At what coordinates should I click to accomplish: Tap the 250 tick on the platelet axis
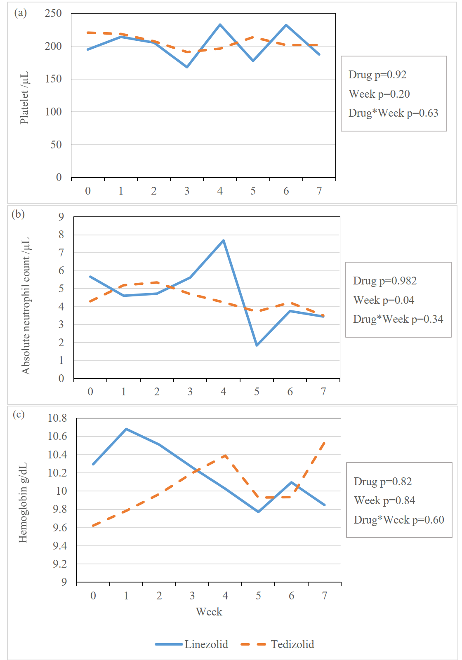click(x=53, y=13)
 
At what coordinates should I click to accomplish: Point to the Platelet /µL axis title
click(x=24, y=98)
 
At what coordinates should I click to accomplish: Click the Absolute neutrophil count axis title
click(x=26, y=306)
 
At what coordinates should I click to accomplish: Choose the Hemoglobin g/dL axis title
click(x=23, y=503)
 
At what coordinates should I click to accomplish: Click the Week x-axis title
click(x=209, y=612)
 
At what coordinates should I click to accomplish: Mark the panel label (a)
click(x=20, y=12)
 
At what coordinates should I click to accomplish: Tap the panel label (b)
click(x=18, y=214)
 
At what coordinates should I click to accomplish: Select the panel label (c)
click(x=19, y=414)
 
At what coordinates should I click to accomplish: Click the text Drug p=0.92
click(x=377, y=75)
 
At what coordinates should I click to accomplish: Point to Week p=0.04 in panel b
click(x=384, y=300)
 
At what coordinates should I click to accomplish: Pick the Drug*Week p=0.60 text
click(x=399, y=520)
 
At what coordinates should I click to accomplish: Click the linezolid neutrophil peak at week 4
click(x=223, y=240)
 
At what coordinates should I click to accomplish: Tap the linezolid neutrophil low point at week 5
click(x=257, y=345)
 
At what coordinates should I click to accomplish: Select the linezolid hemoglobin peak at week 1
click(x=126, y=429)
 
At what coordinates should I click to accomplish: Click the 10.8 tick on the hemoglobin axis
click(x=57, y=418)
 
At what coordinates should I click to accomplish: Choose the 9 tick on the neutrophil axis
click(x=61, y=216)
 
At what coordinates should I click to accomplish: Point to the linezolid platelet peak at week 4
click(x=220, y=25)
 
